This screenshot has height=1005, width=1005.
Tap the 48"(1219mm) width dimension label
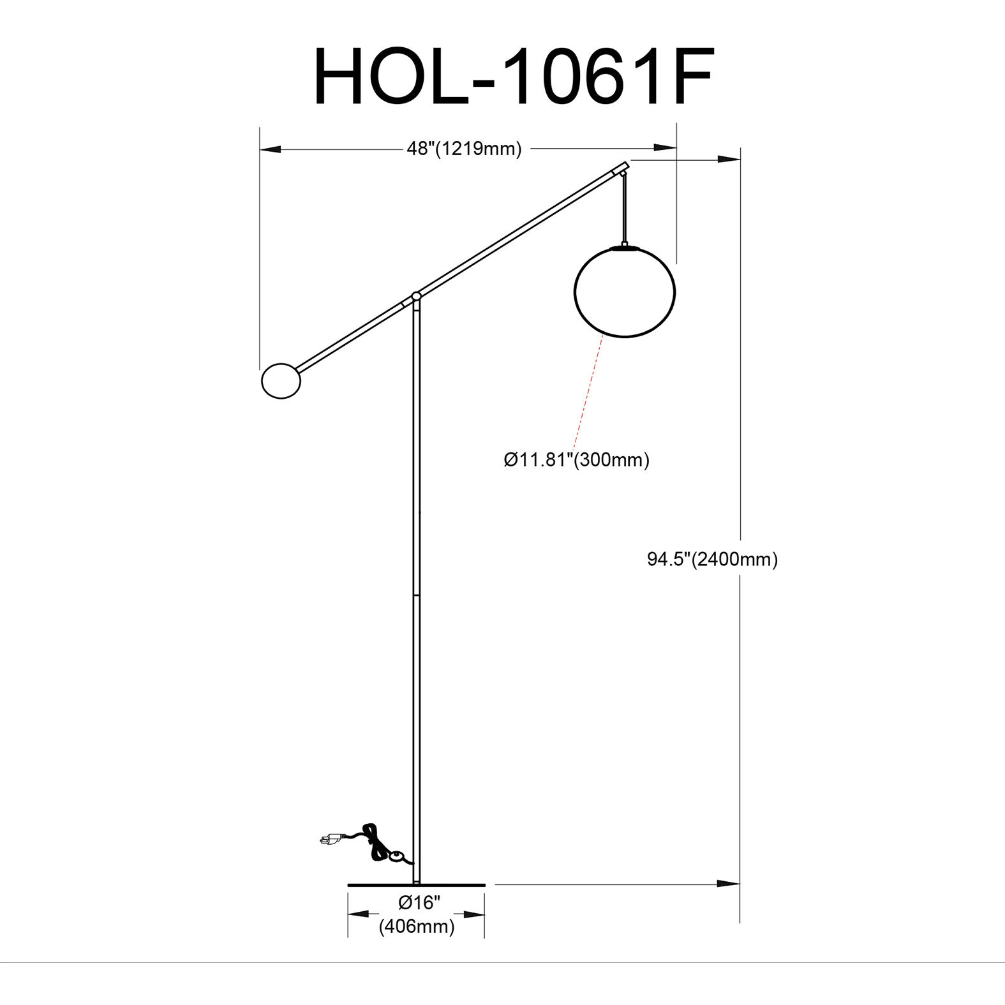pyautogui.click(x=464, y=149)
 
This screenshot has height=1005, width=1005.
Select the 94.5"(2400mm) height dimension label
pyautogui.click(x=712, y=560)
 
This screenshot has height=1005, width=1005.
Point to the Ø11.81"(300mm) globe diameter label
pyautogui.click(x=576, y=459)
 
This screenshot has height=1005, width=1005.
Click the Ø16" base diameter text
pyautogui.click(x=419, y=902)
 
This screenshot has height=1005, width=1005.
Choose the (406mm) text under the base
pyautogui.click(x=417, y=926)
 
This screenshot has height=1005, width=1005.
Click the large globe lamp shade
pyautogui.click(x=624, y=292)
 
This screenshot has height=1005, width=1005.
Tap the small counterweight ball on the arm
pyautogui.click(x=281, y=381)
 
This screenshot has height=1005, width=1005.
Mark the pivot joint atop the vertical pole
pyautogui.click(x=416, y=297)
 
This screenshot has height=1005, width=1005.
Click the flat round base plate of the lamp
pyautogui.click(x=416, y=885)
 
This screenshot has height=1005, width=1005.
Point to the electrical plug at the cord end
pyautogui.click(x=331, y=840)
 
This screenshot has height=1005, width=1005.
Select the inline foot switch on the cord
pyautogui.click(x=398, y=856)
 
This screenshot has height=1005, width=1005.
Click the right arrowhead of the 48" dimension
pyautogui.click(x=665, y=149)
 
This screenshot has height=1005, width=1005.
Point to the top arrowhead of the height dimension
pyautogui.click(x=729, y=159)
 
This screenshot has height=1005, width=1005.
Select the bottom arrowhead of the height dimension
pyautogui.click(x=729, y=884)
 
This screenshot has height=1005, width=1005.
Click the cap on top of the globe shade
pyautogui.click(x=624, y=246)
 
